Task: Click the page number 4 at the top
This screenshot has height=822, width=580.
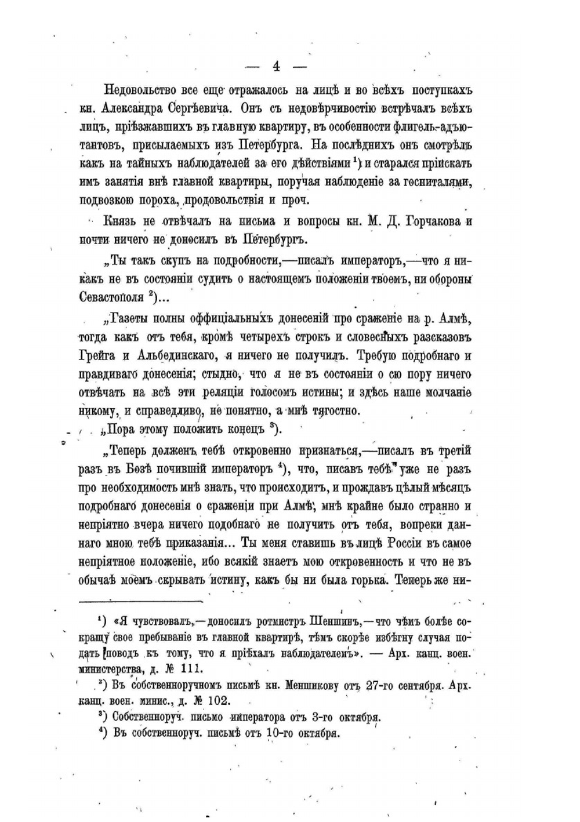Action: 276,67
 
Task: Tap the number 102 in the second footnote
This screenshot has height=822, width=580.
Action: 216,700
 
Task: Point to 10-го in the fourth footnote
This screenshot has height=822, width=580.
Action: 279,733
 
